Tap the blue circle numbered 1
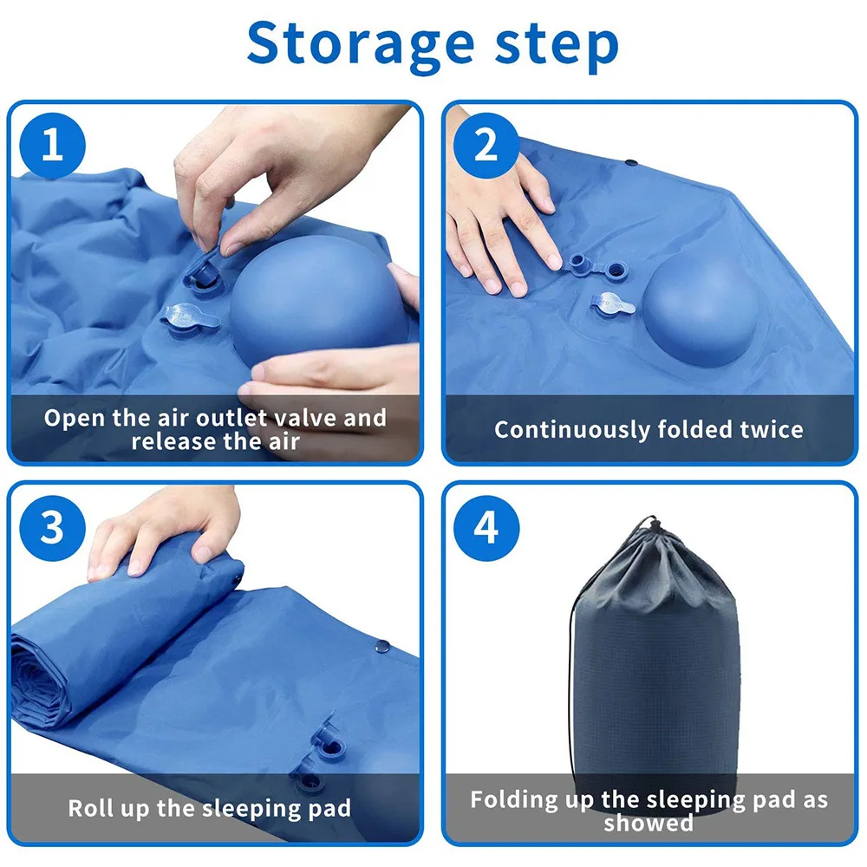(53, 146)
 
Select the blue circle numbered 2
(486, 146)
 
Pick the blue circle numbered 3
(53, 528)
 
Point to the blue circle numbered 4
(486, 528)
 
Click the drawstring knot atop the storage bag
(653, 524)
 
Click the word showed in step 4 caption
(649, 824)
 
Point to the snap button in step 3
(382, 645)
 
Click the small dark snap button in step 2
(631, 163)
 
